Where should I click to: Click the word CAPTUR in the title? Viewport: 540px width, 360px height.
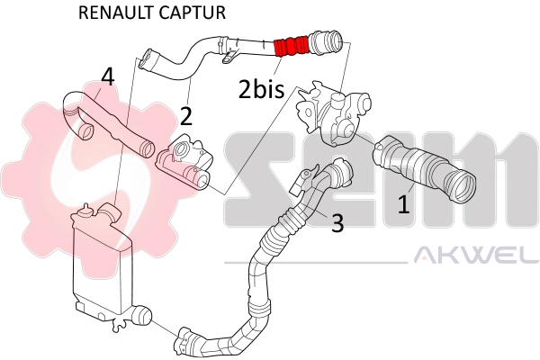click(193, 13)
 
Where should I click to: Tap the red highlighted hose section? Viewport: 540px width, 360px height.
click(291, 45)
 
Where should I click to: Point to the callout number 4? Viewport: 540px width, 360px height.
click(107, 77)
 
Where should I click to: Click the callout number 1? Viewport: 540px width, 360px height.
click(404, 204)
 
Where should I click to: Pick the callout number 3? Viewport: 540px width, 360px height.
click(337, 223)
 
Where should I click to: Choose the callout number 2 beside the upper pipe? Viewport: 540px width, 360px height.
click(186, 114)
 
